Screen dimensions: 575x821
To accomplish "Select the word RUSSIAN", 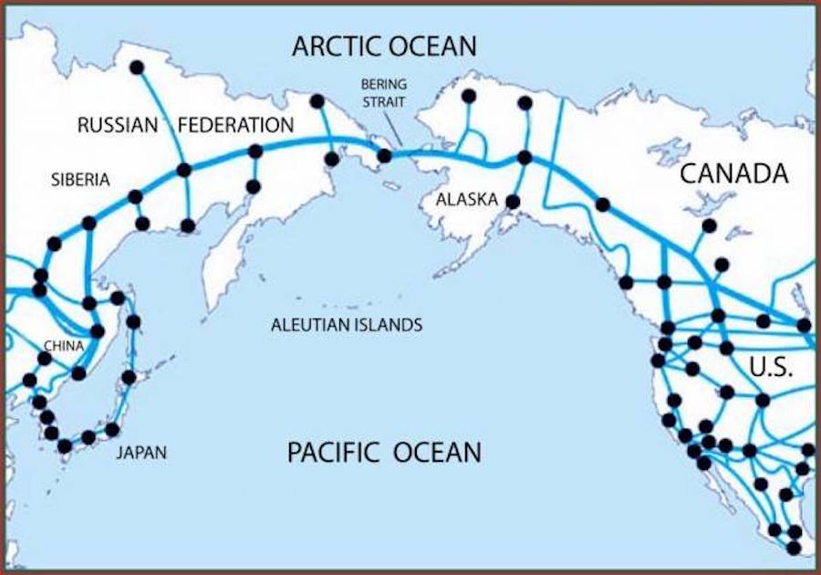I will [x=118, y=125].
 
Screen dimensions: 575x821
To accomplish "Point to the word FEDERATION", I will [x=235, y=125].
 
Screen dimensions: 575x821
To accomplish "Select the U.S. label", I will [x=770, y=369].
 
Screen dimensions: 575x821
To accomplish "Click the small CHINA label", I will [x=64, y=346].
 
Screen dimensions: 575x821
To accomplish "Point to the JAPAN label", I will [x=141, y=452].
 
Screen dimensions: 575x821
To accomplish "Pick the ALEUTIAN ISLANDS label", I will [x=347, y=324].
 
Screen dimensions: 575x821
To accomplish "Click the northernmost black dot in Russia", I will [x=137, y=68].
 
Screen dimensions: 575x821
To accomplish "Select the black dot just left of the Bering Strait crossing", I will [x=384, y=156].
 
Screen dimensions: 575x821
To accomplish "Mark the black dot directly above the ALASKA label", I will [x=513, y=202].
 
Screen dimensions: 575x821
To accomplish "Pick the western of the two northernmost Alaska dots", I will [x=469, y=96].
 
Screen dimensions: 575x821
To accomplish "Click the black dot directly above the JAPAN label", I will [x=112, y=429].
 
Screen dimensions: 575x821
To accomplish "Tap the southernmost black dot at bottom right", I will [x=794, y=548].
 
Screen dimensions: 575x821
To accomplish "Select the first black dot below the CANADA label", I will [x=709, y=225].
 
